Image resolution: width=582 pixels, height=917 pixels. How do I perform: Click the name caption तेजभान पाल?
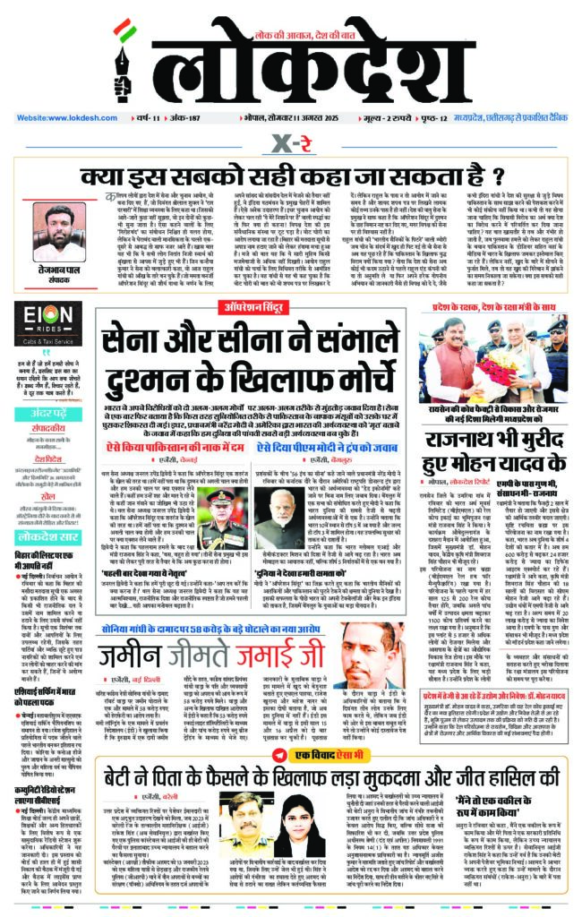(54, 270)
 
